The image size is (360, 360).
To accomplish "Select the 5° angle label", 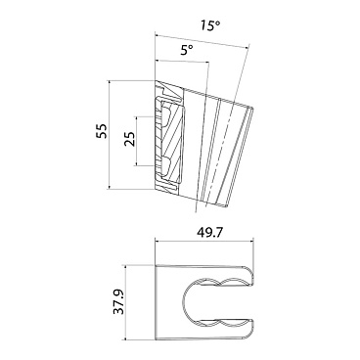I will [187, 47].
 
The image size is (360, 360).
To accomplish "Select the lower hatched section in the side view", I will [167, 163].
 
